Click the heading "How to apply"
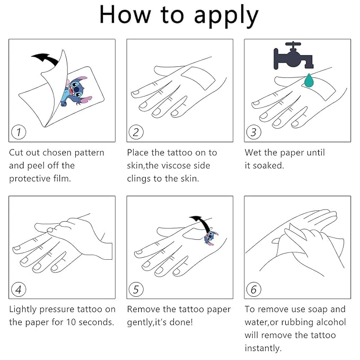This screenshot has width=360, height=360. [x=179, y=16]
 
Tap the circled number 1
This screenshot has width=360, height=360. [x=19, y=132]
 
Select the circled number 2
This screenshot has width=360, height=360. [x=136, y=132]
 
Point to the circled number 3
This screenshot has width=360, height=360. [x=253, y=132]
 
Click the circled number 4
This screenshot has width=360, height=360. [x=19, y=289]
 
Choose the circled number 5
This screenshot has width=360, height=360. [x=136, y=289]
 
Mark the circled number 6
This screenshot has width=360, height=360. [x=253, y=289]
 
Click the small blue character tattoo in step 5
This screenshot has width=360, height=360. [x=210, y=237]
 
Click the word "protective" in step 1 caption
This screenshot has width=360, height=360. [x=30, y=179]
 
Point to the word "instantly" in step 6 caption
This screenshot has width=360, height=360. [x=262, y=348]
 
